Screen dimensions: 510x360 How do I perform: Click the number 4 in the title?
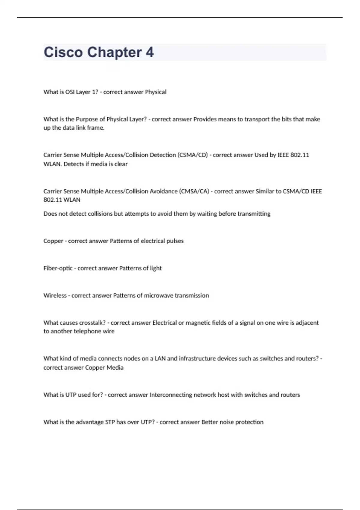(150, 52)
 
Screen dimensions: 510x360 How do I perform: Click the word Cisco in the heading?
(63, 52)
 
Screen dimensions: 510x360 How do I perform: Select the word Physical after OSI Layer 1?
(156, 92)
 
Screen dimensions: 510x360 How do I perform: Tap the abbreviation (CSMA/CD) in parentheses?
(193, 155)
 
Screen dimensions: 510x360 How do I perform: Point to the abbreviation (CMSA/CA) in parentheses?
(194, 191)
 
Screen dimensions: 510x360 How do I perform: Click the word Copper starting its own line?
(53, 241)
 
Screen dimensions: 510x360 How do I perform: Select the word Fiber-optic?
(58, 268)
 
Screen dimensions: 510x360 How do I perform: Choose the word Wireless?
(55, 295)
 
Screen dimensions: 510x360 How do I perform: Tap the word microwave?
(159, 295)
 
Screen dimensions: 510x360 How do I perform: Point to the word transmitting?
(254, 214)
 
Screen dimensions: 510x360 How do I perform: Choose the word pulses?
(175, 241)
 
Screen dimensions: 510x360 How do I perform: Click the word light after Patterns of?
(156, 268)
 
